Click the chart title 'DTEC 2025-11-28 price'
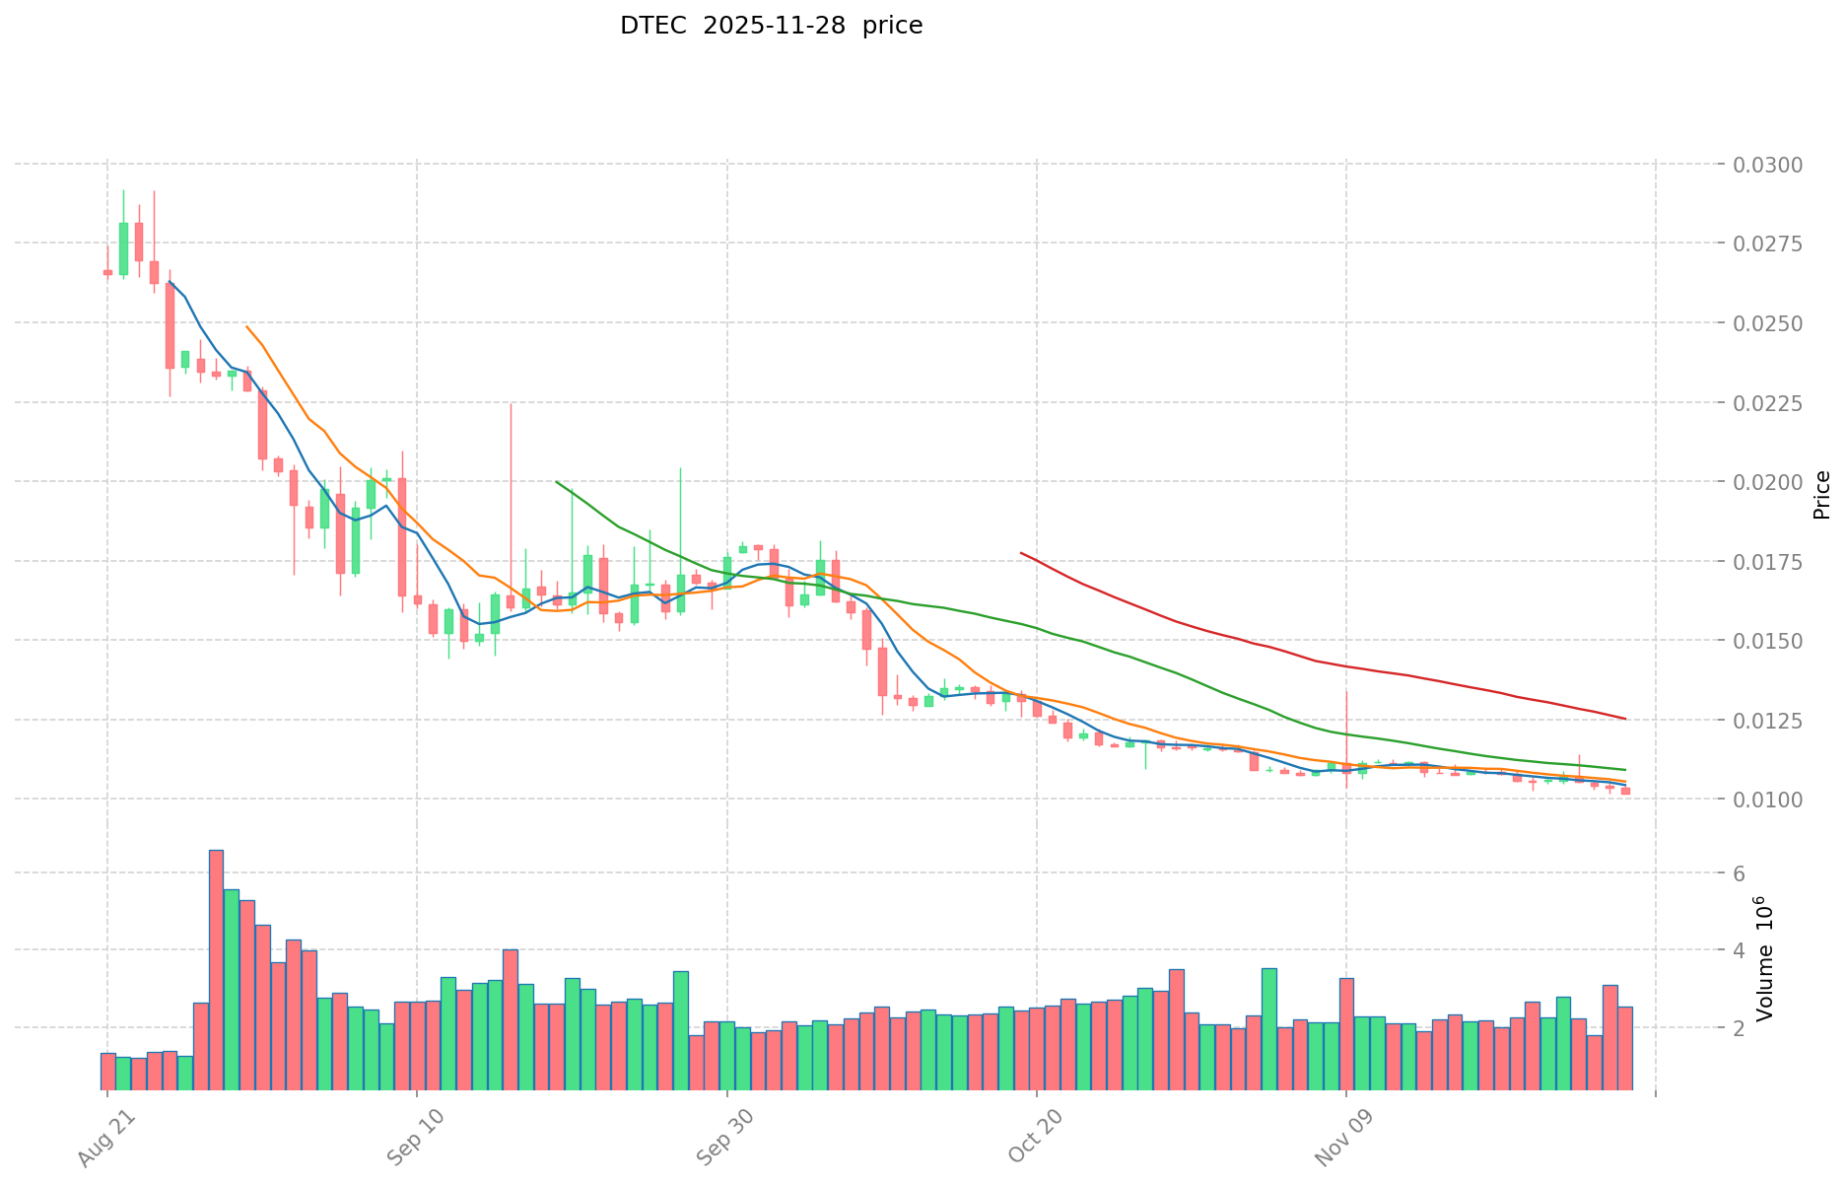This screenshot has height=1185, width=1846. point(771,27)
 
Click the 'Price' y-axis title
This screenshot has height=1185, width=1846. point(1821,495)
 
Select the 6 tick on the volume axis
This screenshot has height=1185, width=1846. point(1740,873)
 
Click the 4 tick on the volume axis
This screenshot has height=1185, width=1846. point(1740,950)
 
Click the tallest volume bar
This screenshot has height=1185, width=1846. point(216,970)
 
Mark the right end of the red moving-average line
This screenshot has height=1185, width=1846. point(1625,719)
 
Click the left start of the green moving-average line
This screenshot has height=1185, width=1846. point(557,482)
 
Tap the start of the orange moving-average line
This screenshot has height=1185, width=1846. point(246,326)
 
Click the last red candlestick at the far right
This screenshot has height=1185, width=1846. point(1625,791)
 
